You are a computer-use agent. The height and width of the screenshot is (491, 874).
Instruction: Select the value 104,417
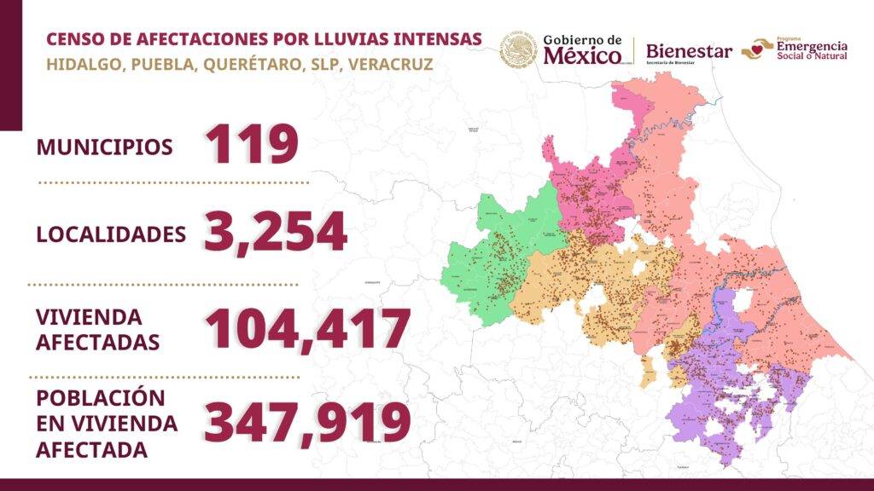point(306,328)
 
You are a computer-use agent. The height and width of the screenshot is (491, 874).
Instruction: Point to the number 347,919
point(306,421)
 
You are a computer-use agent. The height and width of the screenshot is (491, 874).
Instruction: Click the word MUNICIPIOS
point(104,147)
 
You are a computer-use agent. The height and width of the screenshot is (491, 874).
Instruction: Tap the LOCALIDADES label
point(111,234)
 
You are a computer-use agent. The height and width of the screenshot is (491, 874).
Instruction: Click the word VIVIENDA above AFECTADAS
point(89,317)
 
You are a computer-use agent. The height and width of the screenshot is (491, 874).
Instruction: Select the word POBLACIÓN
point(100,398)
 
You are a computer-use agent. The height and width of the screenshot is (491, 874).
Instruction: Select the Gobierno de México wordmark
point(583,50)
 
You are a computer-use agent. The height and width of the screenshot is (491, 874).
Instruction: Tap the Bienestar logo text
point(689,52)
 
